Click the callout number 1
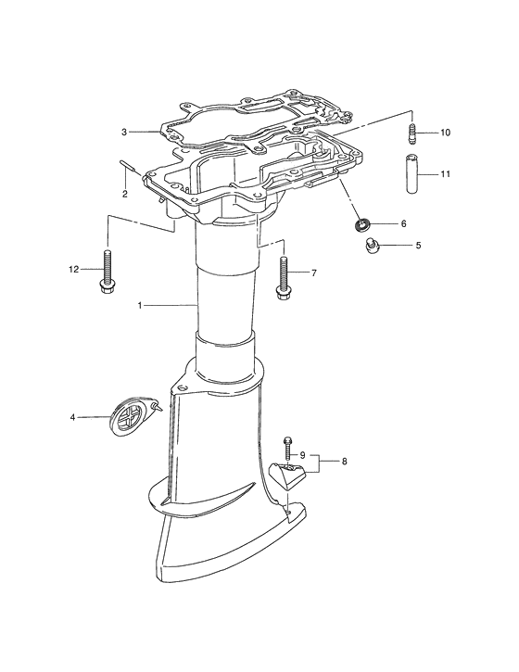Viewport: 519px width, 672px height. point(140,305)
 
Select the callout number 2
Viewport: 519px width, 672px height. point(124,194)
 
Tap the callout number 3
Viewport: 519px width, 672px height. point(124,132)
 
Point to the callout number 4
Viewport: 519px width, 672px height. point(73,417)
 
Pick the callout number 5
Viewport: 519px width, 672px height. point(417,246)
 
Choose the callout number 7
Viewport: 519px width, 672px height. point(314,273)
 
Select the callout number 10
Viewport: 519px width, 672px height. point(445,133)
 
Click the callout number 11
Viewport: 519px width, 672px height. point(445,173)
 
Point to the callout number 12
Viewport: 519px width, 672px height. point(74,269)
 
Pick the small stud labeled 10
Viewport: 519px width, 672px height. point(411,135)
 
